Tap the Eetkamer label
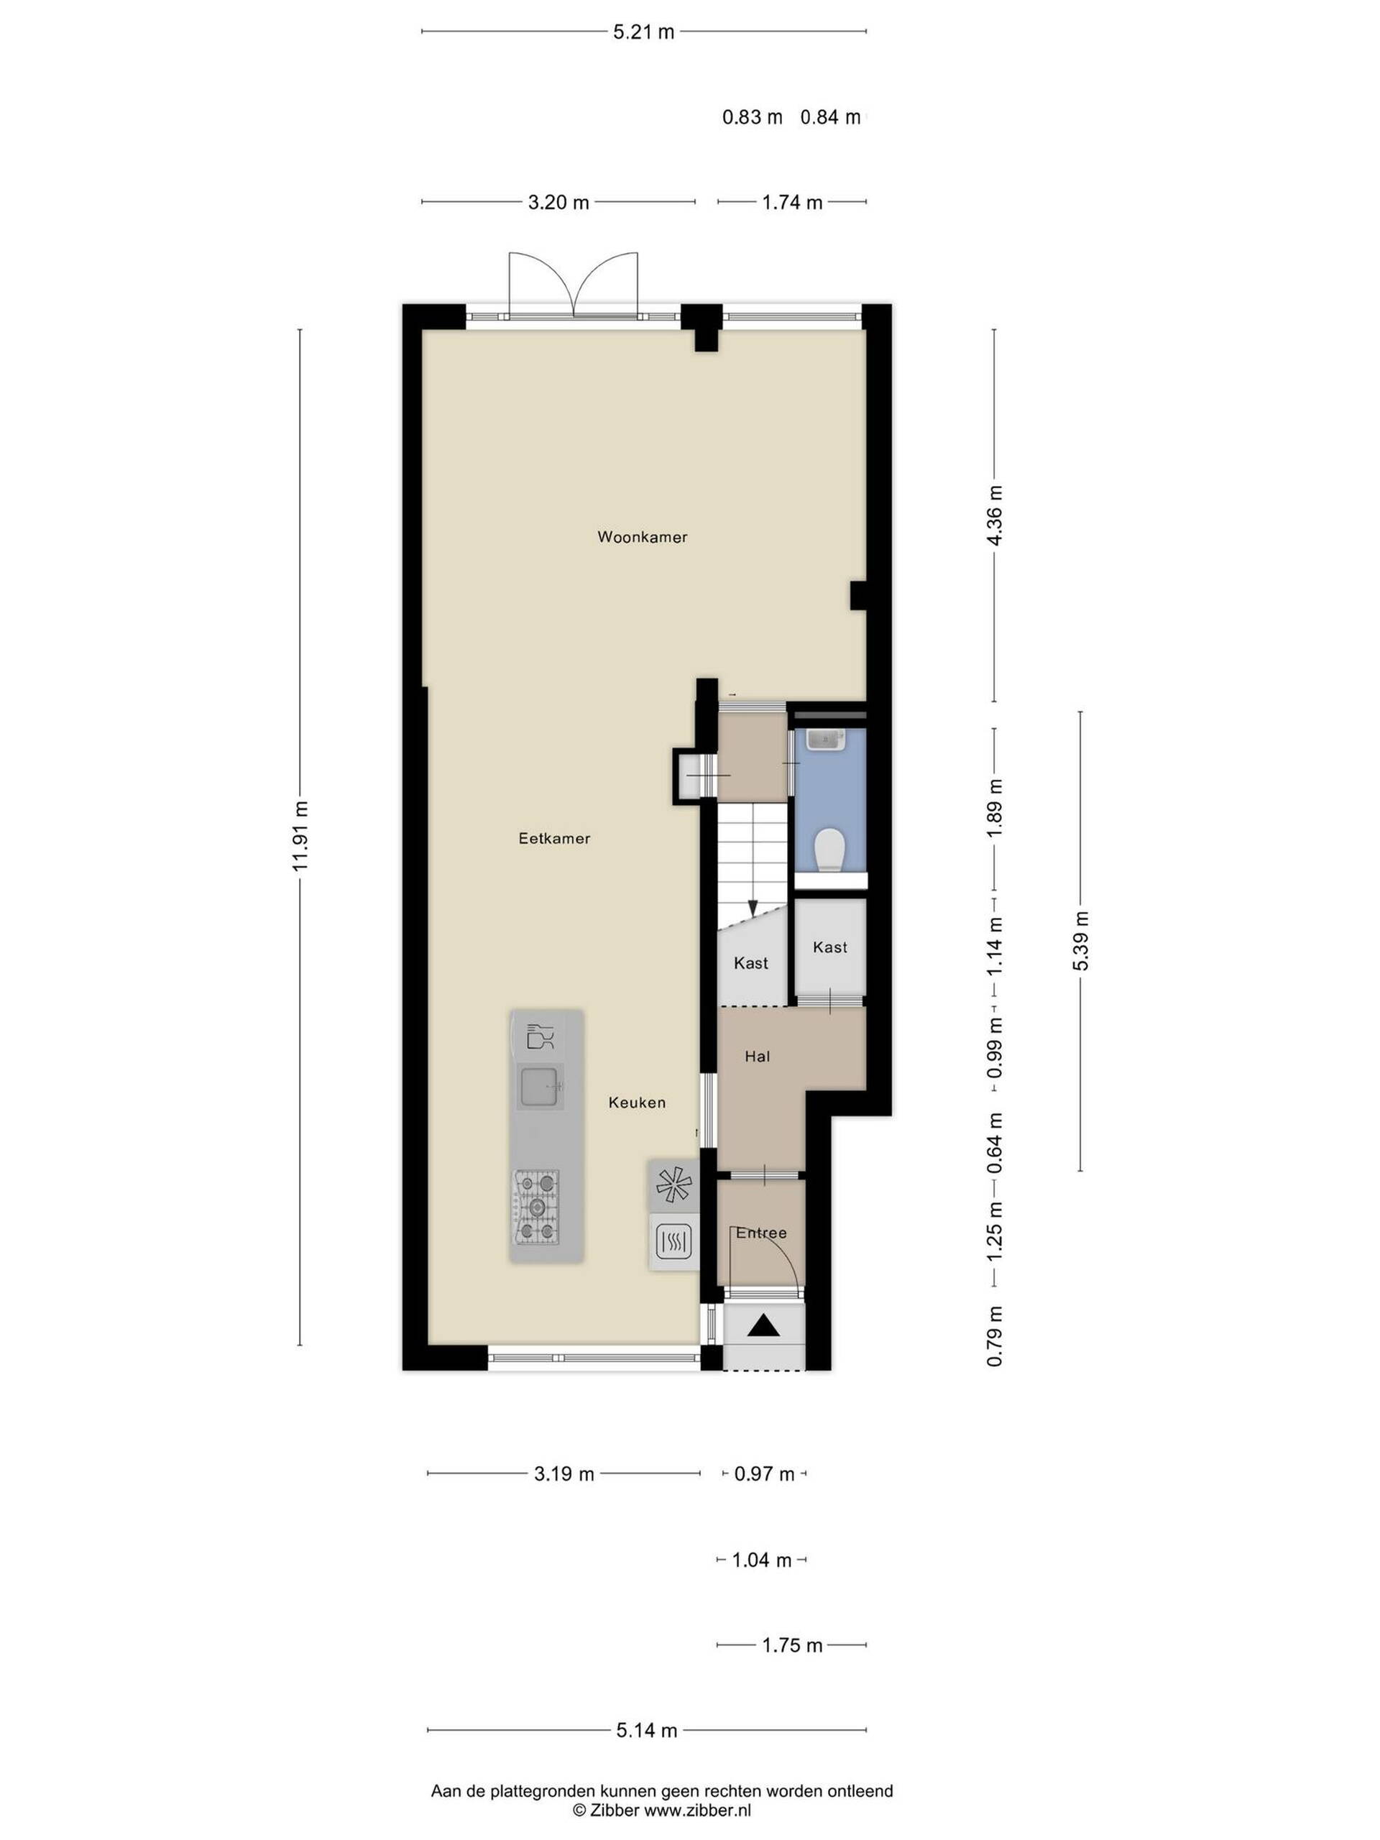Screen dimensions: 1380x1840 click(554, 839)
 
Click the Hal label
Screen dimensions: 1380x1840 click(757, 1057)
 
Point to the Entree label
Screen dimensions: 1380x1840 click(761, 1233)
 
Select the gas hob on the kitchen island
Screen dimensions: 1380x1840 click(535, 1207)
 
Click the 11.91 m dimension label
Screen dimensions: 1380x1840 click(300, 836)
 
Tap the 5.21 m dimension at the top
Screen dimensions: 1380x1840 click(644, 32)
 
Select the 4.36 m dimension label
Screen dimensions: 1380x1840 click(994, 514)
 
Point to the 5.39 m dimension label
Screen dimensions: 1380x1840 click(1080, 941)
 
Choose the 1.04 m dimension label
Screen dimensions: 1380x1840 click(761, 1560)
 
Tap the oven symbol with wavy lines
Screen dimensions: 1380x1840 click(673, 1243)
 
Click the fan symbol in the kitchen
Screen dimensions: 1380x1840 click(673, 1184)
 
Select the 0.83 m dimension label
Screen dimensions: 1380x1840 click(752, 117)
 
